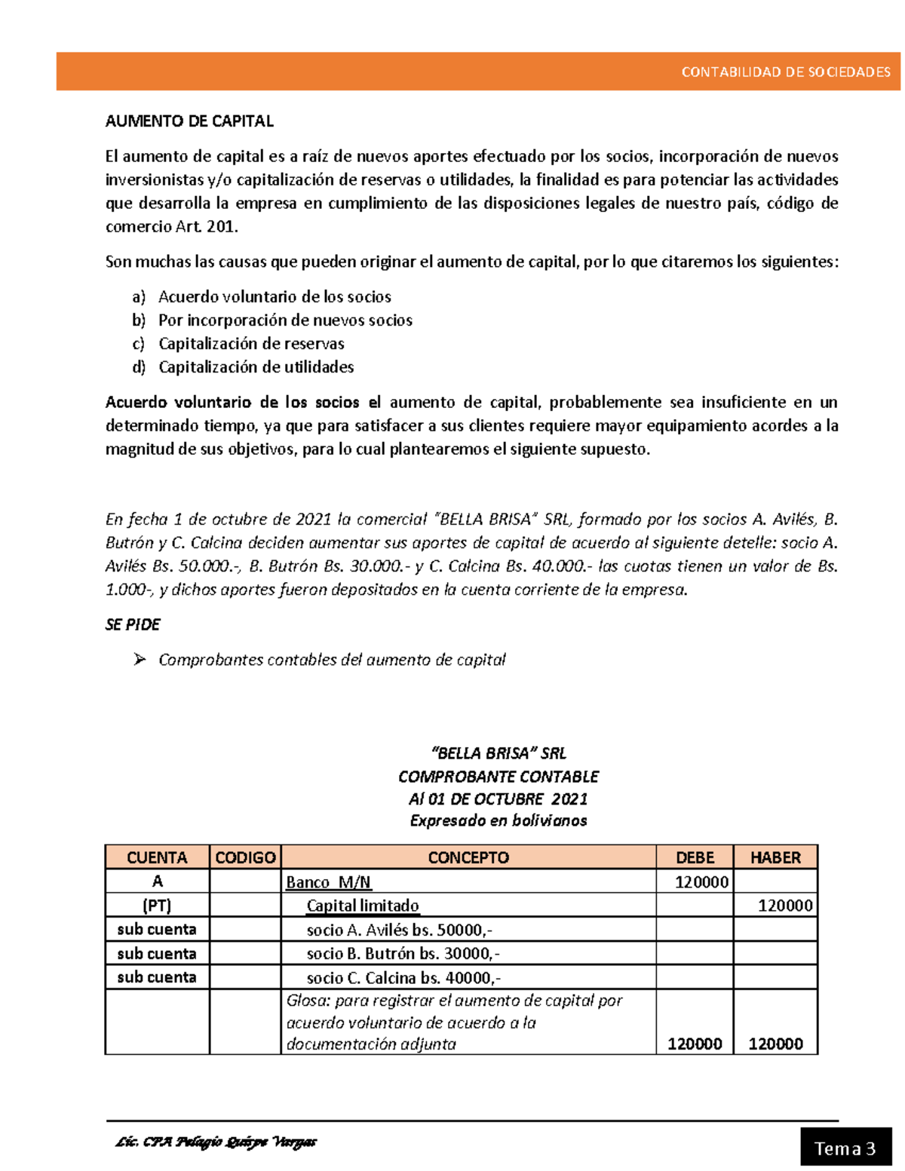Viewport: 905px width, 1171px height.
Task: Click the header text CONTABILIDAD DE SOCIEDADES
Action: coord(785,72)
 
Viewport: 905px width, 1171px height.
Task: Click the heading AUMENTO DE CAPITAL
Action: coord(189,121)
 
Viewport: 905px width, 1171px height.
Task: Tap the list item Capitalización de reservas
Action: coord(251,344)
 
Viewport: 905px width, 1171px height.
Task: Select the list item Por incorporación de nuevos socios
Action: coord(285,320)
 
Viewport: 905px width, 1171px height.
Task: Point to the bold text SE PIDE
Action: coord(133,624)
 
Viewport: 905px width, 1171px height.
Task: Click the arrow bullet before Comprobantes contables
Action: coord(140,660)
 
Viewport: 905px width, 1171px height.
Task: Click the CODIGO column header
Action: coord(245,857)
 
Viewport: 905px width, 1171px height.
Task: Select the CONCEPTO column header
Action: coord(468,857)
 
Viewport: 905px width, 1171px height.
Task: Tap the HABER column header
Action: coord(775,857)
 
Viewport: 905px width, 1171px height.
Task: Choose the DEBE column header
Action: coord(695,857)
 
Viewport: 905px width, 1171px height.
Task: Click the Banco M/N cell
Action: coord(329,882)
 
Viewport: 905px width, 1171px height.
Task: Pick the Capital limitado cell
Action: coord(363,906)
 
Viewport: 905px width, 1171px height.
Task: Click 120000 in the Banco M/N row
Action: coord(701,882)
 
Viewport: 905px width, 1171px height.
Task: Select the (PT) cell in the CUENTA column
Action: coord(157,906)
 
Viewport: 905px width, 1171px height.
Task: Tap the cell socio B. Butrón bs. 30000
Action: coord(403,954)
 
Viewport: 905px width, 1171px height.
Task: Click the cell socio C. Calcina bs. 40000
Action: coord(403,978)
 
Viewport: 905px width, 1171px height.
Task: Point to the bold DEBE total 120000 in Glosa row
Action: coord(695,1044)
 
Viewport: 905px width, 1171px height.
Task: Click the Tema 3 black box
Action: coord(845,1148)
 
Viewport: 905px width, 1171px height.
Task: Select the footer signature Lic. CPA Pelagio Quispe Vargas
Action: coord(216,1142)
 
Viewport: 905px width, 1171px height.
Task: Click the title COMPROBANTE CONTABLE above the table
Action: coord(498,777)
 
